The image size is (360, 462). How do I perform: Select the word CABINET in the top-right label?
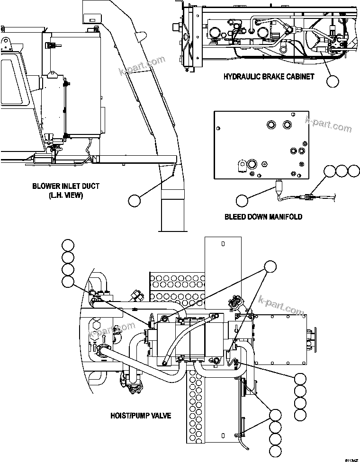coord(299,77)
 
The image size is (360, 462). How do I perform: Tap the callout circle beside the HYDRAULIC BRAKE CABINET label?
coord(333,81)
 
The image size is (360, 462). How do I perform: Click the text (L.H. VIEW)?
coord(66,195)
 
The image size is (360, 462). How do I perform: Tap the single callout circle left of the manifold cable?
coord(242,201)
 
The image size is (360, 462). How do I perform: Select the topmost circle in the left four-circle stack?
coord(68,245)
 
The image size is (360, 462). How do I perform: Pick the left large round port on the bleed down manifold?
coord(272,124)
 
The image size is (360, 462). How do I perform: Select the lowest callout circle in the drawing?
coord(275,451)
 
